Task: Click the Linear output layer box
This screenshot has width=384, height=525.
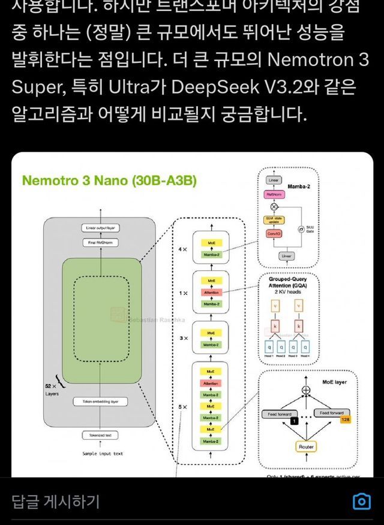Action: (101, 228)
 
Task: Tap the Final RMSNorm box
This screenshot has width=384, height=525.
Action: (101, 243)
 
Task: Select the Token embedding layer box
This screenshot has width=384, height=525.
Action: (101, 402)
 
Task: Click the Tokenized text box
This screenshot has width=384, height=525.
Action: (101, 435)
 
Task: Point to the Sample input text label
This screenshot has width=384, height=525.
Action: (103, 454)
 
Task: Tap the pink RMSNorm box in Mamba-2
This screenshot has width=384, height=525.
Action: (274, 195)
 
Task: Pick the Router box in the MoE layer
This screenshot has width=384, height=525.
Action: (306, 447)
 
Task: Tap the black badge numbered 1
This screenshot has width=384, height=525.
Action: (294, 421)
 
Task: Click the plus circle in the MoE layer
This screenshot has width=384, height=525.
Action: (307, 390)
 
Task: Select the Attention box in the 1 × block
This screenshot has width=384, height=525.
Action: (211, 292)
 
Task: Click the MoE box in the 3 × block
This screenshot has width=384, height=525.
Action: (211, 333)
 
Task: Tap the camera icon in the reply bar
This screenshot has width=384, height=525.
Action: (361, 501)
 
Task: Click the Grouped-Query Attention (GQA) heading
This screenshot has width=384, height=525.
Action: (288, 282)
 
